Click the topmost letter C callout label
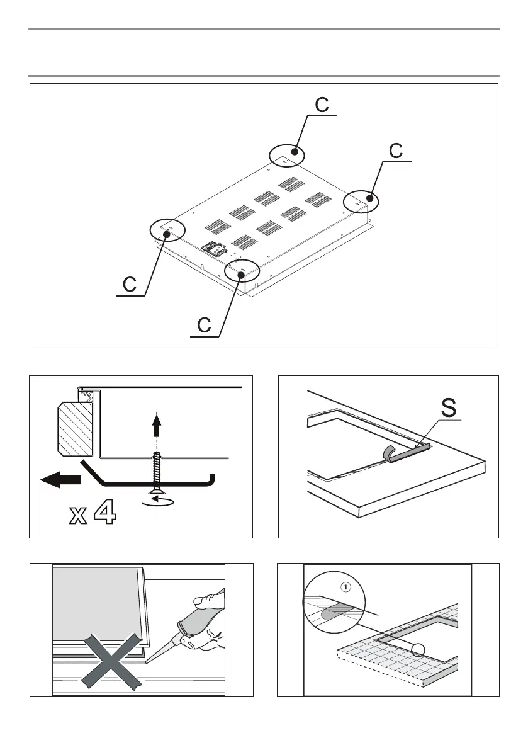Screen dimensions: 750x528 (x=321, y=105)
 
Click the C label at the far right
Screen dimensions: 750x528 (x=396, y=151)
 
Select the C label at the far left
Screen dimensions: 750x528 (x=130, y=285)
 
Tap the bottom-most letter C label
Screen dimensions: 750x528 (x=204, y=326)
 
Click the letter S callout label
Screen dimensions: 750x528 (x=447, y=407)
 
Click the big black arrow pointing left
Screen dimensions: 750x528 (x=60, y=480)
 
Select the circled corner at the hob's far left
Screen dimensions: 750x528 (x=168, y=230)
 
